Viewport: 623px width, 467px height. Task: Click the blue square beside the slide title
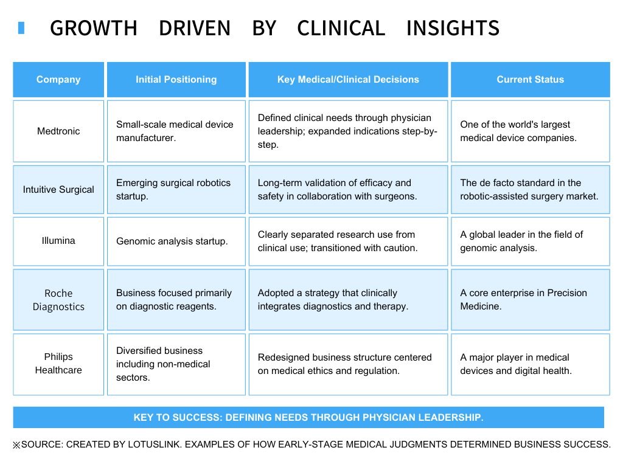[x=21, y=28]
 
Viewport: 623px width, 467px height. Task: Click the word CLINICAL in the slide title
[x=341, y=28]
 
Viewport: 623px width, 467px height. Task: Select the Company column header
[x=58, y=80]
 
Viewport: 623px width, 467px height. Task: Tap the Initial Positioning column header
[x=176, y=80]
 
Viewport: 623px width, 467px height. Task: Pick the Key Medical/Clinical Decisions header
[x=348, y=80]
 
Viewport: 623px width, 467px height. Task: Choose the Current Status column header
[x=530, y=80]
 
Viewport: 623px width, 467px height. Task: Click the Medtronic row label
[x=58, y=131]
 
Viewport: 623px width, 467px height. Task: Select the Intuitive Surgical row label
[x=58, y=190]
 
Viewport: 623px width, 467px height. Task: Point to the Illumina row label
[x=58, y=241]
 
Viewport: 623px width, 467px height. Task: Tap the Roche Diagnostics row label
[x=58, y=300]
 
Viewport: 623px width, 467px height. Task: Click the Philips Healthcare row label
[x=58, y=364]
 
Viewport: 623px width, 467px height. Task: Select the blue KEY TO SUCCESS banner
[x=308, y=418]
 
